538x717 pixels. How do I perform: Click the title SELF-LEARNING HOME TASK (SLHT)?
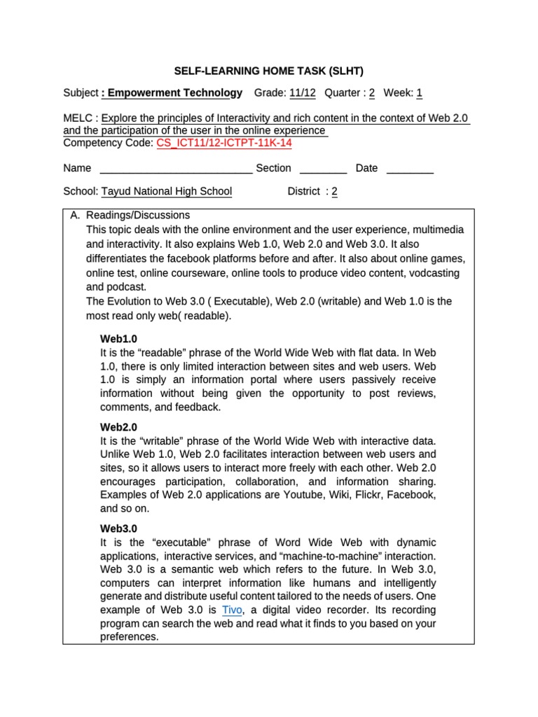point(269,71)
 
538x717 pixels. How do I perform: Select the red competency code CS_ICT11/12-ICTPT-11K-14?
point(224,143)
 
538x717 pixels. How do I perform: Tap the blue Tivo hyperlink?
point(232,610)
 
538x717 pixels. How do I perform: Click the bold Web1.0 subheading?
point(119,339)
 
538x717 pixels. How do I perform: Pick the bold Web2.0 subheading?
point(119,426)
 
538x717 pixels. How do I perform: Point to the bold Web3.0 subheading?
point(119,529)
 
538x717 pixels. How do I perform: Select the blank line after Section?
point(323,168)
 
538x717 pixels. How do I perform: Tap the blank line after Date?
point(410,168)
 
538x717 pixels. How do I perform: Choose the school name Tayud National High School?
point(167,191)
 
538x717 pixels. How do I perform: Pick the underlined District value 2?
point(334,191)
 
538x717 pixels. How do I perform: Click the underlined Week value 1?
point(419,92)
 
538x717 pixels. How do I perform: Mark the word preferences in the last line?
point(130,636)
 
